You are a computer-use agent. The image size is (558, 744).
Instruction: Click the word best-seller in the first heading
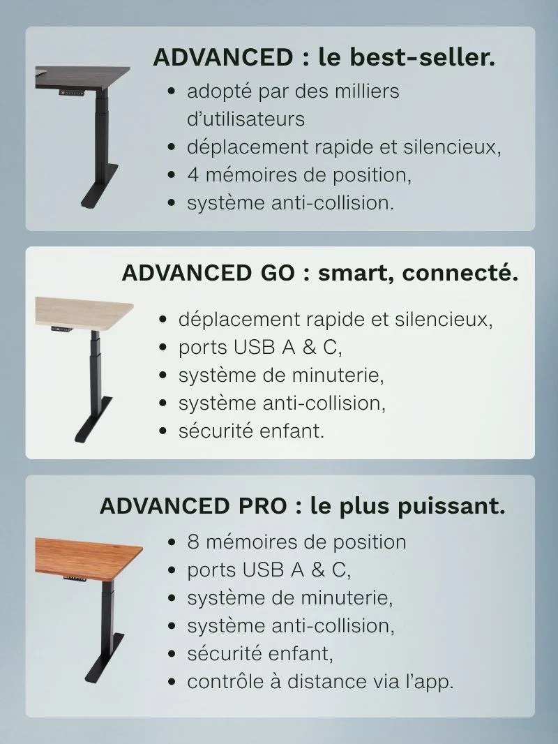point(423,57)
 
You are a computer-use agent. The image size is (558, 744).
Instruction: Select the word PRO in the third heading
point(263,506)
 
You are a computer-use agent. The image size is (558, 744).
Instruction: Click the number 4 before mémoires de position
point(193,175)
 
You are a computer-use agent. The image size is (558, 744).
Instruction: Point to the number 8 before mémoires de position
point(193,542)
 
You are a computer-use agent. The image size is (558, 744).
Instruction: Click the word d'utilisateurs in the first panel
point(246,119)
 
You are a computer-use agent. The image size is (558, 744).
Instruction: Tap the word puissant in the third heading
point(451,506)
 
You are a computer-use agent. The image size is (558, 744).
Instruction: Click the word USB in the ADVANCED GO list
point(254,348)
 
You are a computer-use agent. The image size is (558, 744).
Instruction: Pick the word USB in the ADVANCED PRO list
point(263,570)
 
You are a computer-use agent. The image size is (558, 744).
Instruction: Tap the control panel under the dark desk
point(72,93)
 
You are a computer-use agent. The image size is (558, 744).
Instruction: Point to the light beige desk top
point(84,312)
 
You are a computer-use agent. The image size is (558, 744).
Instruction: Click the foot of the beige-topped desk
point(93,419)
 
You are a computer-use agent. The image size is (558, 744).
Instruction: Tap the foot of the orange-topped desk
point(105,657)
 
